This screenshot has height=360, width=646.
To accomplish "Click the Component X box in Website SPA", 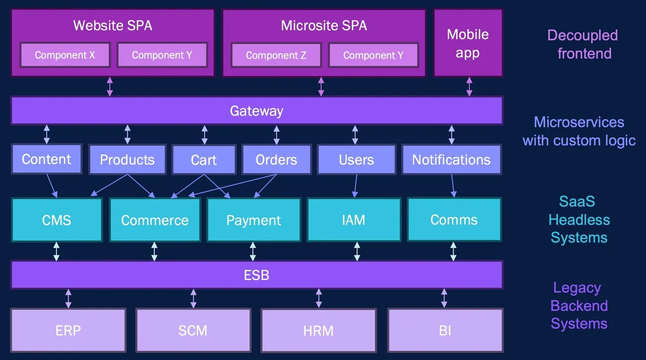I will pos(65,55).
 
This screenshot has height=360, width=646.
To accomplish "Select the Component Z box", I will pos(276,55).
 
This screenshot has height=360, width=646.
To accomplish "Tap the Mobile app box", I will pos(468,43).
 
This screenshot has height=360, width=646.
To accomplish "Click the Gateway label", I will pos(256,111).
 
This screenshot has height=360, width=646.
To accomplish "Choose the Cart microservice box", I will pos(204,160).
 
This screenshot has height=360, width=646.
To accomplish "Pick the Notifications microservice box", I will pos(451,160).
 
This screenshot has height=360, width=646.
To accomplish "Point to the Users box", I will pos(356,160).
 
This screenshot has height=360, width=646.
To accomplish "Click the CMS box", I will pos(57,220).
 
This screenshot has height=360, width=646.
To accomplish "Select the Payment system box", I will pos(253,220).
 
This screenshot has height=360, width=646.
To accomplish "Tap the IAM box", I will pos(353,220).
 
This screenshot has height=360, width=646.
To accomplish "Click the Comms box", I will pos(454,220).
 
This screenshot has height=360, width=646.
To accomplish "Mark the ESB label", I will pos(256,275).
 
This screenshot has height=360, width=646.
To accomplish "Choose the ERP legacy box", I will pos(68,330).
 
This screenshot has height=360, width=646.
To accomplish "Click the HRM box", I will pos(318,330).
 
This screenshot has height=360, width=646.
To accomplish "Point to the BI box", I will pos(445,330).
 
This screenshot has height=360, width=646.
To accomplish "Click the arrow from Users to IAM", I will pos(355,186).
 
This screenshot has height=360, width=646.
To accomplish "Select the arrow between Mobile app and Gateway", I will pos(469,86).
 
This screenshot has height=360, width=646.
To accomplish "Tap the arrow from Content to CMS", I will pos(52,185).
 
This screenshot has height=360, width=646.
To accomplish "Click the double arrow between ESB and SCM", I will pos(193,298).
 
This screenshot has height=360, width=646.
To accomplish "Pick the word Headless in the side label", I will pos(579,220).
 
